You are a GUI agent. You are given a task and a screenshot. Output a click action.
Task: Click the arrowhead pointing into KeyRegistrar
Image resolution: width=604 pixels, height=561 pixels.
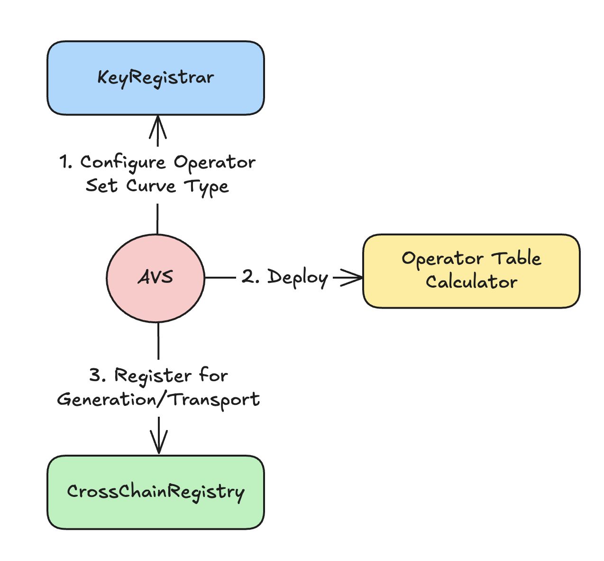tap(158, 126)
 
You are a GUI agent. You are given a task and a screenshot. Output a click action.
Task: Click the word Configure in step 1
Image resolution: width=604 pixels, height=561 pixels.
tap(123, 163)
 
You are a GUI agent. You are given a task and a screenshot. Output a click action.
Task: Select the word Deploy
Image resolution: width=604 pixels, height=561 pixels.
tap(297, 278)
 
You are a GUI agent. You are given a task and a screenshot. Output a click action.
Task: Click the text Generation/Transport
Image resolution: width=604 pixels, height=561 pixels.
tap(158, 400)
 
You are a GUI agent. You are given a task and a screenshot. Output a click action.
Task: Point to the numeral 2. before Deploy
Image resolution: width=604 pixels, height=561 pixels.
tap(250, 277)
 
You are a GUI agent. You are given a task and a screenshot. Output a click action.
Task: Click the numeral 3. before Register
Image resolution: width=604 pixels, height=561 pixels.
tap(98, 376)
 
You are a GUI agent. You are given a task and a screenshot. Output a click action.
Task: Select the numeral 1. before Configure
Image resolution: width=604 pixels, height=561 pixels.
tap(66, 162)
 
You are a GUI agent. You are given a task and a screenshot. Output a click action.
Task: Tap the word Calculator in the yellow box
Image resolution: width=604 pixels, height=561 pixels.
tap(471, 282)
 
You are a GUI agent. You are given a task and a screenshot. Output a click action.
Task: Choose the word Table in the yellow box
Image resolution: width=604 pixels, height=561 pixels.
tap(516, 259)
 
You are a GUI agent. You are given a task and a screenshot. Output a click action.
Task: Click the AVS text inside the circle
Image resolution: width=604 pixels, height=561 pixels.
tap(156, 277)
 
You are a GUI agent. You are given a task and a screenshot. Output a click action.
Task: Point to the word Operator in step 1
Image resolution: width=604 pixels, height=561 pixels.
tap(214, 163)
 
